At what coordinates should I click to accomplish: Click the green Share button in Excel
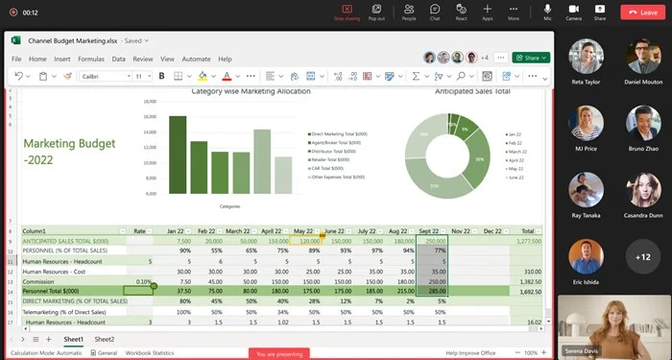click(530, 58)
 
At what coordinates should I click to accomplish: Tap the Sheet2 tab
click(104, 340)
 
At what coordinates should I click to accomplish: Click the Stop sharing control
click(346, 12)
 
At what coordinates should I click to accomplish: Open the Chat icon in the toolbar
click(435, 12)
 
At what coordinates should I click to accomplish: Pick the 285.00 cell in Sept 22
click(431, 291)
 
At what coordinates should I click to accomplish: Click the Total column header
click(527, 231)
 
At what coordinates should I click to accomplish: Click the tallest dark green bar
click(178, 155)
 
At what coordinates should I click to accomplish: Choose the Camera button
click(573, 12)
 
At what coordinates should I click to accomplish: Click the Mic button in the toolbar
click(547, 12)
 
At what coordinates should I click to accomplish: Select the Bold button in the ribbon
click(161, 76)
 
